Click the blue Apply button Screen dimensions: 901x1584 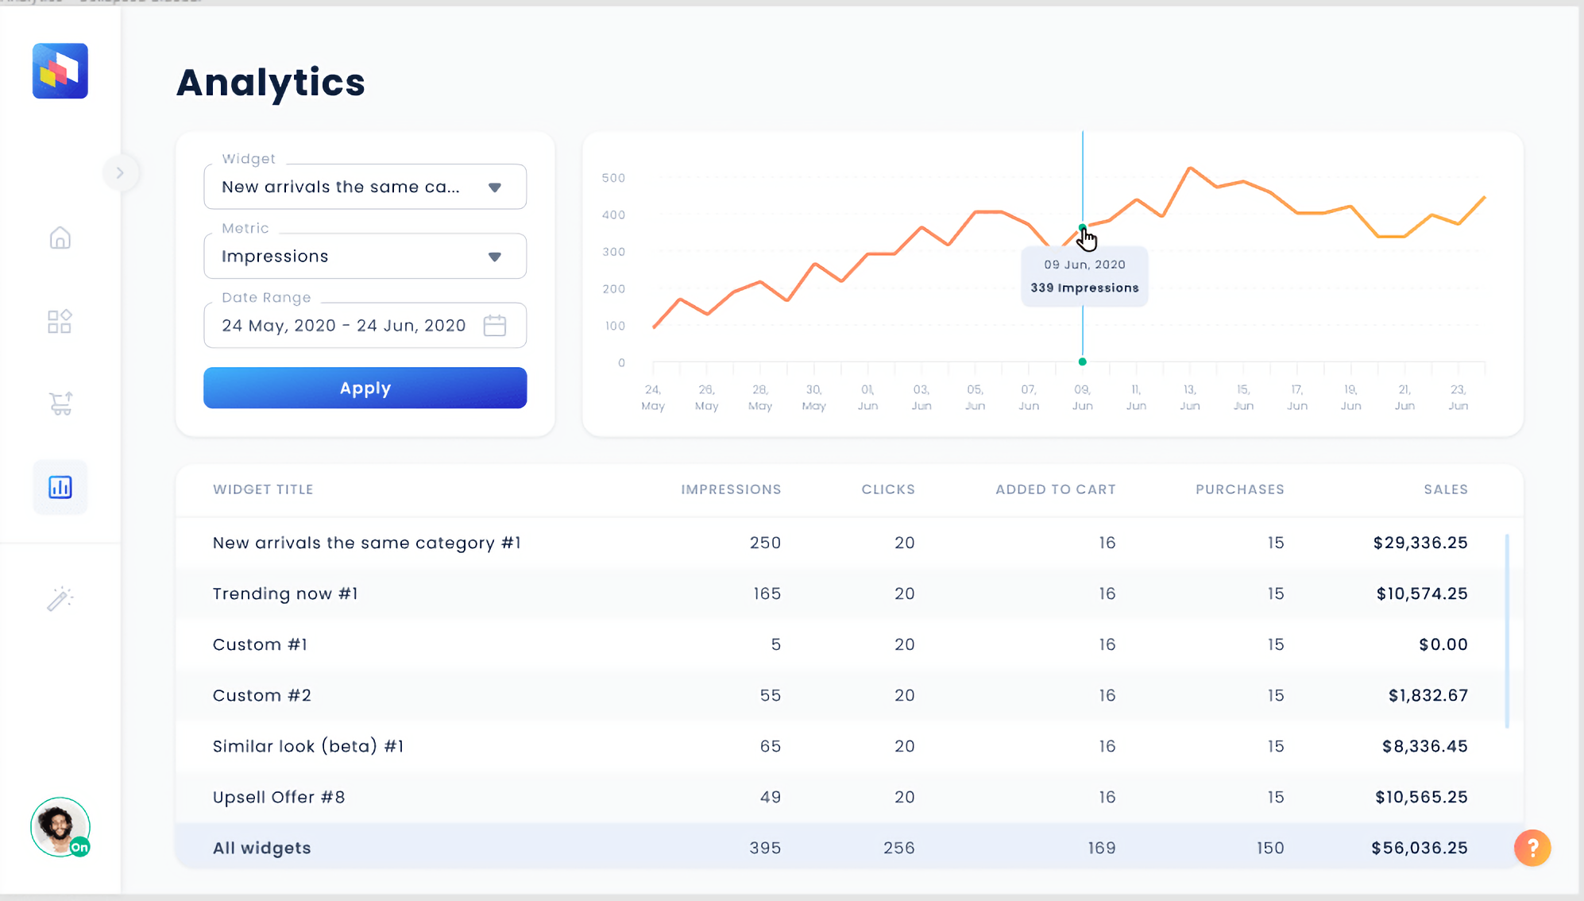(365, 388)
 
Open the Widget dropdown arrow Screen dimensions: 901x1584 (494, 188)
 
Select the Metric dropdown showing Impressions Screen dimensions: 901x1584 (365, 256)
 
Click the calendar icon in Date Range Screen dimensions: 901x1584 (494, 326)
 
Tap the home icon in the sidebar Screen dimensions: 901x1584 (60, 238)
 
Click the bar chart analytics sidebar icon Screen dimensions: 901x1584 (60, 487)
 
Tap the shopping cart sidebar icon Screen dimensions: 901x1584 (60, 404)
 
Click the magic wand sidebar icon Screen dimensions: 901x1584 (60, 598)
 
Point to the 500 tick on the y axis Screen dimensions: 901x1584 (613, 178)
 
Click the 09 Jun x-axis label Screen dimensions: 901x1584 (1082, 397)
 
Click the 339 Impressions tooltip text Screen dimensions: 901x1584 (1084, 288)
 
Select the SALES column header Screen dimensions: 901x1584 (1445, 489)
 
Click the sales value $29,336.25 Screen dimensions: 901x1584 (1420, 543)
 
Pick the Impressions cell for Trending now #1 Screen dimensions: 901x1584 (767, 594)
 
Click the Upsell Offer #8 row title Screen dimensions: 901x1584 (279, 797)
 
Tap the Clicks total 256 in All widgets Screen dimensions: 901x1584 (898, 848)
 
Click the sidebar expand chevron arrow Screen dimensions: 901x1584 (120, 172)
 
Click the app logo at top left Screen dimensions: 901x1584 (60, 71)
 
